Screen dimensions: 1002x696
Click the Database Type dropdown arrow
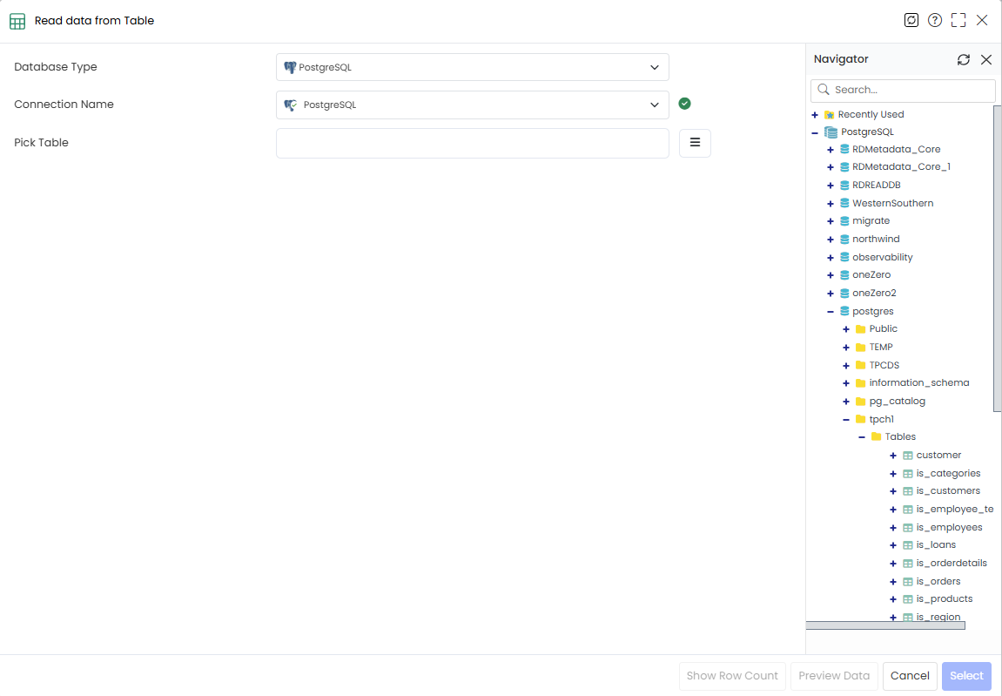click(655, 67)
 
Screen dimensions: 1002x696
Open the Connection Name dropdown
click(472, 105)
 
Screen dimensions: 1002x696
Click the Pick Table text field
click(472, 143)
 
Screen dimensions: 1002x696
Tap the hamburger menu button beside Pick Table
click(695, 143)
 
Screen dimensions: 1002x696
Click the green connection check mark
click(684, 104)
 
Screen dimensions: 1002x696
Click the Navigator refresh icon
click(963, 59)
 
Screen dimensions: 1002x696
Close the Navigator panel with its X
click(986, 59)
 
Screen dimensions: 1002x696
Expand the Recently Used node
click(815, 115)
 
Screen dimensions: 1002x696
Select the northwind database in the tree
click(876, 239)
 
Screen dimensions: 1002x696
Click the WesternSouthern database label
click(892, 203)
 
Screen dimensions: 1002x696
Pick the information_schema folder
click(919, 382)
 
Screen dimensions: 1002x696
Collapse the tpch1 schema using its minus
click(846, 420)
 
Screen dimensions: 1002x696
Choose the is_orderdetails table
click(952, 563)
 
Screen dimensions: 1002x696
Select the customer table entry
click(938, 455)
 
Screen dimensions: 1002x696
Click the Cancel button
click(910, 676)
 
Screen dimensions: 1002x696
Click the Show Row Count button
click(732, 676)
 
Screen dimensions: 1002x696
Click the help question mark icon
click(935, 21)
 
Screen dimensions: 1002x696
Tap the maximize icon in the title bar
click(958, 21)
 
